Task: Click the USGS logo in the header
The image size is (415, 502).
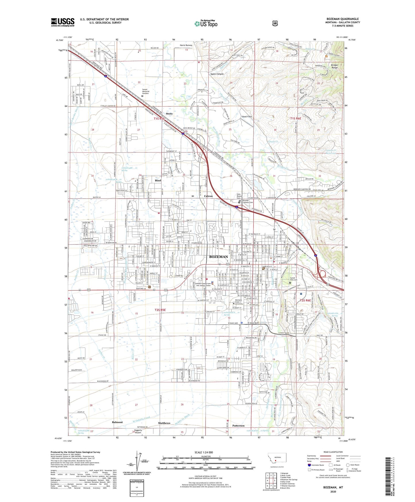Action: [63, 22]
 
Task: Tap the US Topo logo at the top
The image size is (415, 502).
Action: [206, 23]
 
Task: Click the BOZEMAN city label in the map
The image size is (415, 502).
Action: [219, 256]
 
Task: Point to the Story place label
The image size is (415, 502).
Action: [169, 114]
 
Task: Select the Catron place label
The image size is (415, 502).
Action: [208, 196]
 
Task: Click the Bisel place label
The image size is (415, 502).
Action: [158, 181]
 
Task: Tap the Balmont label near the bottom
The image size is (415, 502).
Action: [117, 422]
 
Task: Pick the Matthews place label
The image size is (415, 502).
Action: [164, 423]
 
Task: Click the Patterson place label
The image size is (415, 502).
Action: [238, 426]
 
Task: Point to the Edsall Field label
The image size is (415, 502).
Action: [246, 116]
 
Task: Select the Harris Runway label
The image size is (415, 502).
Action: [186, 45]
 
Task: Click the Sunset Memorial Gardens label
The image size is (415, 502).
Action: [146, 91]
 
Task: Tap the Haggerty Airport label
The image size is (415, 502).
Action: [138, 431]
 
